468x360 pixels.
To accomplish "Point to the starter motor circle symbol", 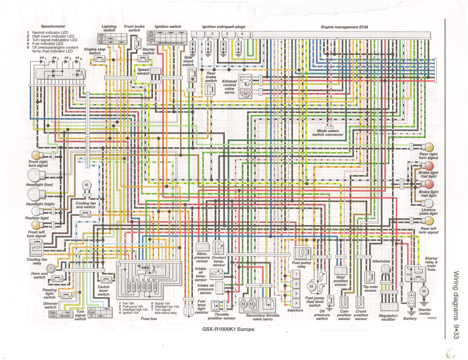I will point(423,291).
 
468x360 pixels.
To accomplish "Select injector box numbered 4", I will point(296,303).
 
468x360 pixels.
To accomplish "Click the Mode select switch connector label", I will point(328,132).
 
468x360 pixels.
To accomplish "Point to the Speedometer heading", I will point(53,26).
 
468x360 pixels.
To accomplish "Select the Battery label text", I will point(410,318).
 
